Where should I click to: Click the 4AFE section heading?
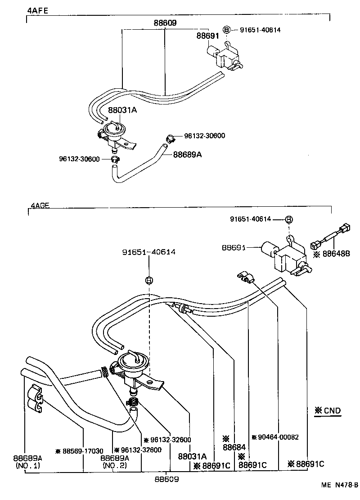[38, 10]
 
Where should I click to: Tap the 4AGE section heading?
[40, 205]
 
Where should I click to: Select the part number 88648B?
[336, 254]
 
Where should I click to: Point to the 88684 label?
[234, 447]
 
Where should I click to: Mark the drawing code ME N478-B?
[340, 485]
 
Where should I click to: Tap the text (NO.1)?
[28, 465]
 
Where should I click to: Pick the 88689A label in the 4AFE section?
[187, 155]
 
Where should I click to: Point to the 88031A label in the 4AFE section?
[122, 110]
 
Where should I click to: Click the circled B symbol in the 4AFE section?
[226, 30]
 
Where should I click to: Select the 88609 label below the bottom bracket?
[166, 479]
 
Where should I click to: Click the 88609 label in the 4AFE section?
[165, 23]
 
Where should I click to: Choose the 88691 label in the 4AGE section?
[234, 247]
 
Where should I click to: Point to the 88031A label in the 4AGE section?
[193, 456]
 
